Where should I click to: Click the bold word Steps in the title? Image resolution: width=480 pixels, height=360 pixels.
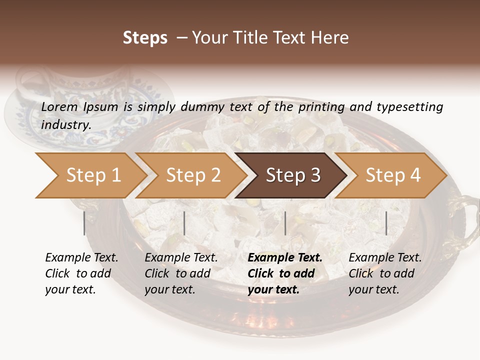(x=145, y=38)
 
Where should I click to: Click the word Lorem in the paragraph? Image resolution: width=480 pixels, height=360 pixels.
(x=59, y=106)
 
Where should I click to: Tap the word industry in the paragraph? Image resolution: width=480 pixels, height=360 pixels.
(x=65, y=124)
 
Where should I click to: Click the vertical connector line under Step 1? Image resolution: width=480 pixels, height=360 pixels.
(x=84, y=223)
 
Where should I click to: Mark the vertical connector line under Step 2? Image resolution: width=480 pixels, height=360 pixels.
(x=184, y=223)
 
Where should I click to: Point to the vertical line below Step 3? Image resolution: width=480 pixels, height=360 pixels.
(x=285, y=223)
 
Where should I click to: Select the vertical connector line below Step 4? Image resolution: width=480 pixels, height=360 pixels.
(x=386, y=223)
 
